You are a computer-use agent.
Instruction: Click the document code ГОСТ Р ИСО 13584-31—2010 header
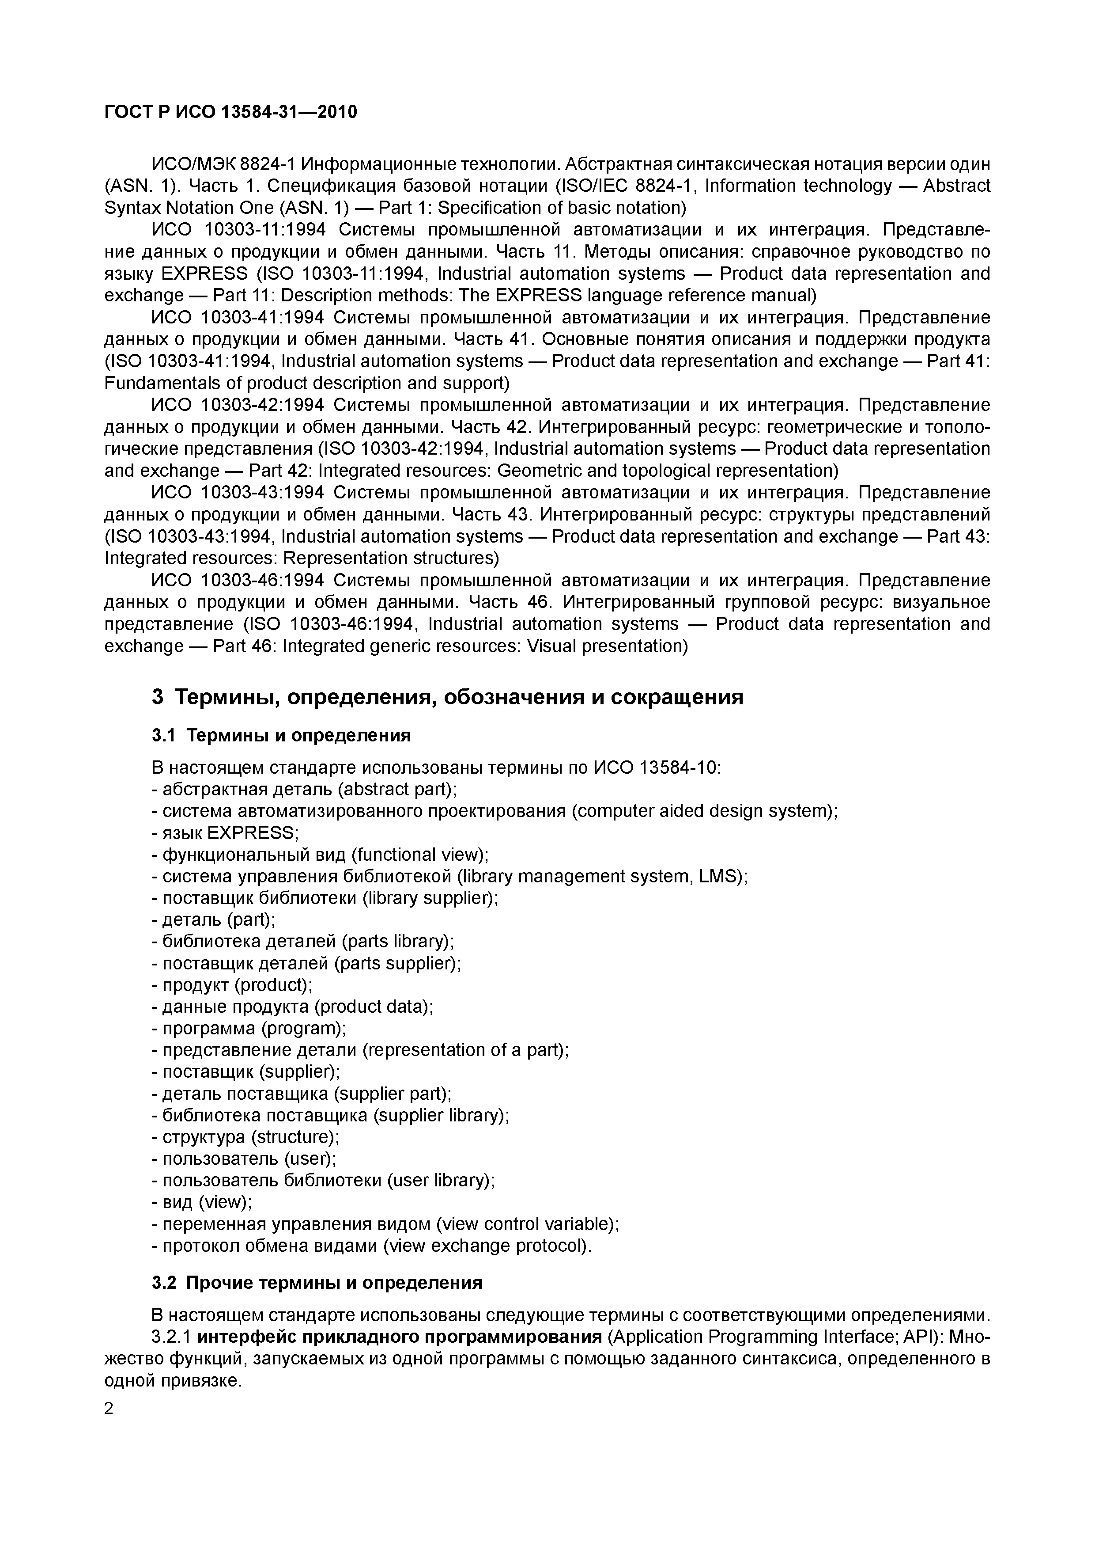[231, 112]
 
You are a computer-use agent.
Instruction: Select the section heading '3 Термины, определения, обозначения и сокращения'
[447, 697]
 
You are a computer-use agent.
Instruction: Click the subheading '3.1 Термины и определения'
[281, 735]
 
